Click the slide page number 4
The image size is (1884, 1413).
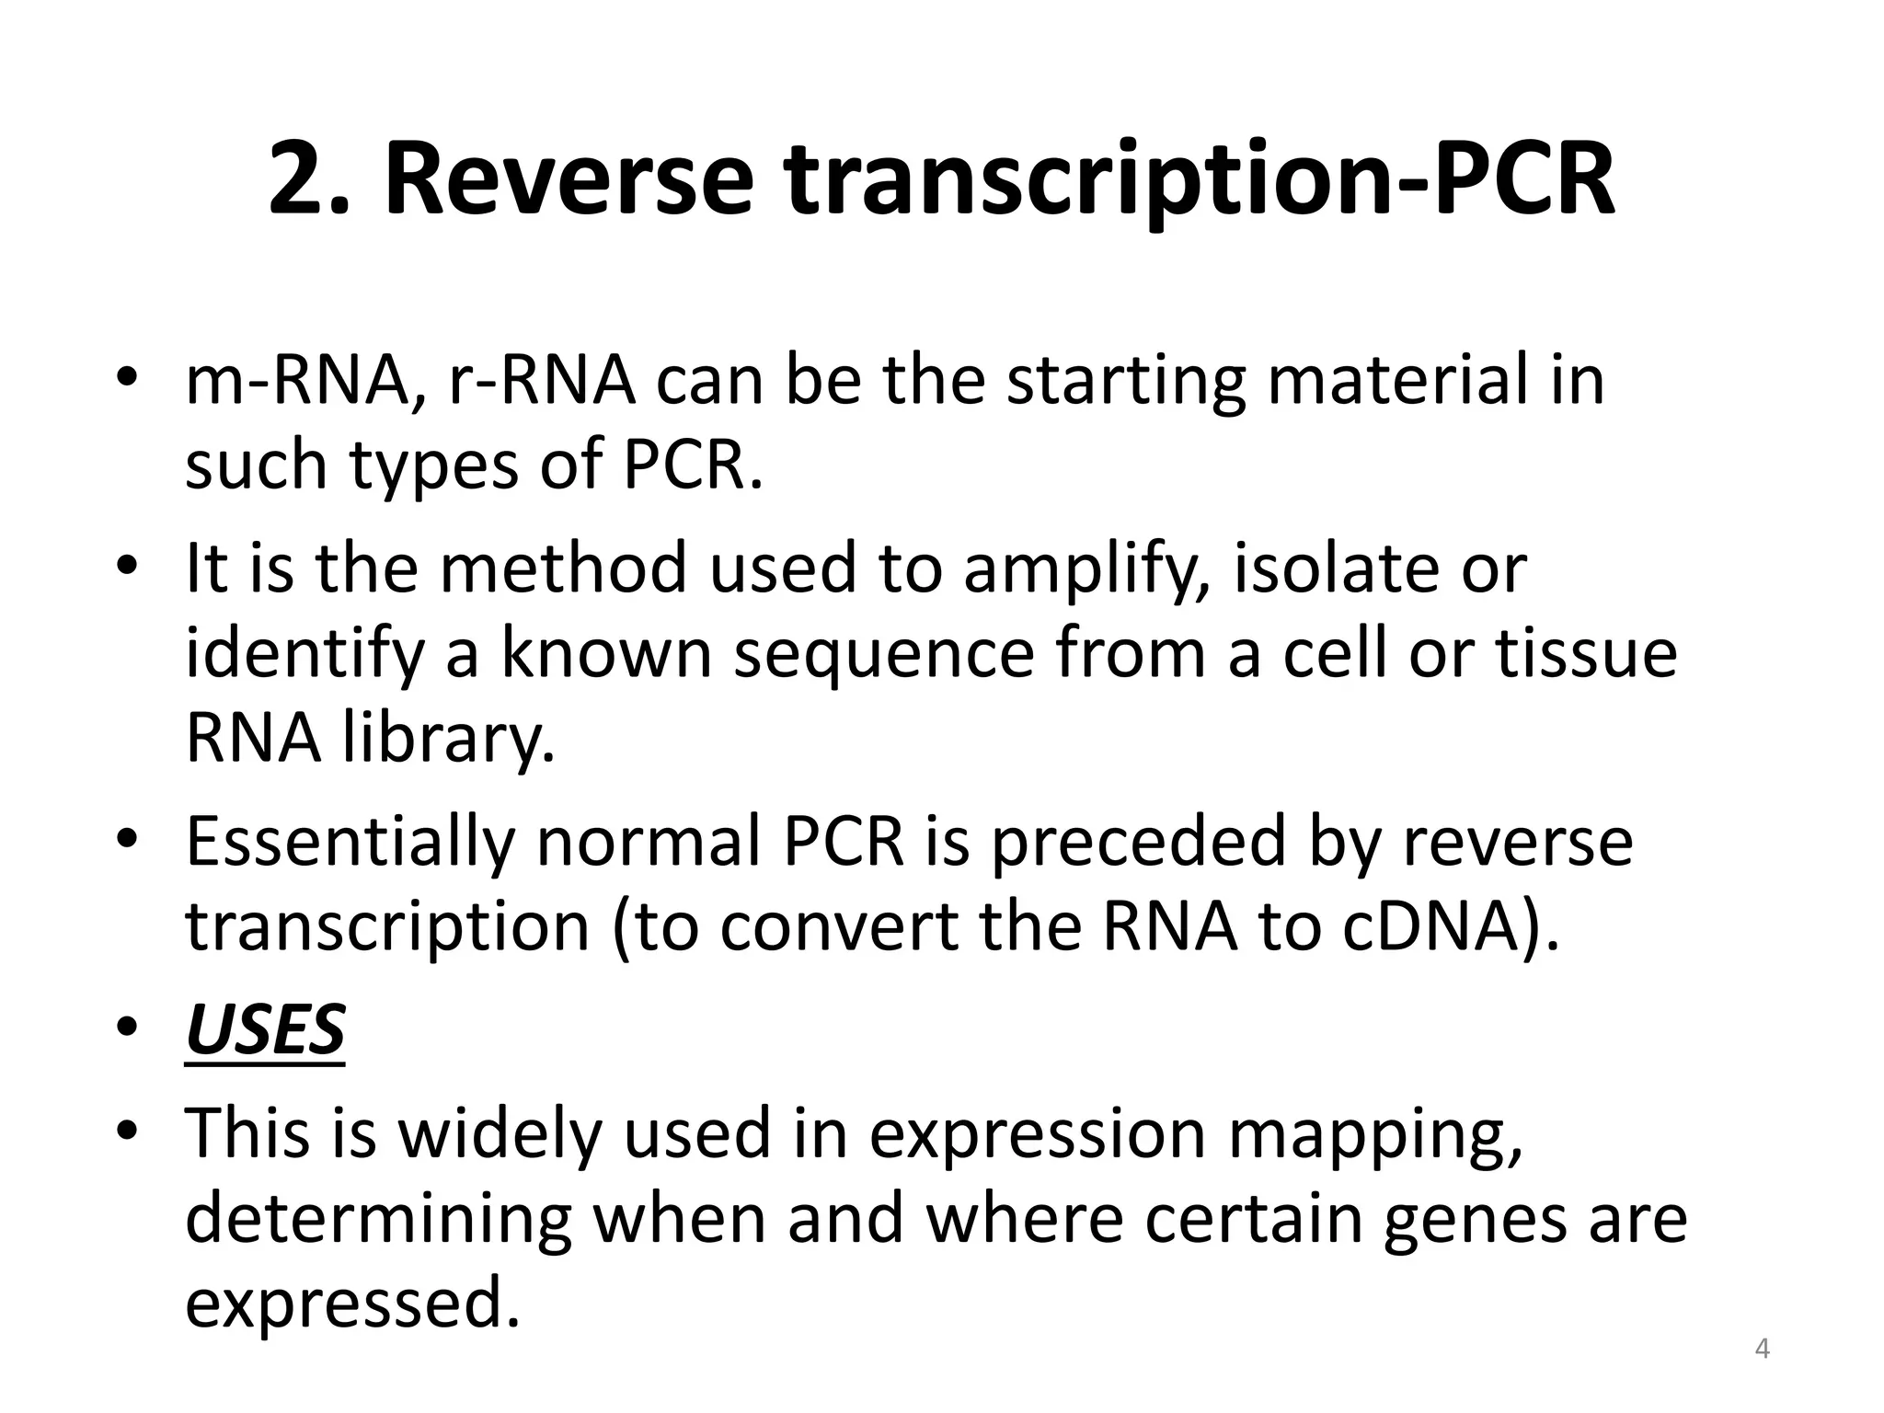click(1763, 1350)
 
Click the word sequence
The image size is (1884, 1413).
click(884, 655)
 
